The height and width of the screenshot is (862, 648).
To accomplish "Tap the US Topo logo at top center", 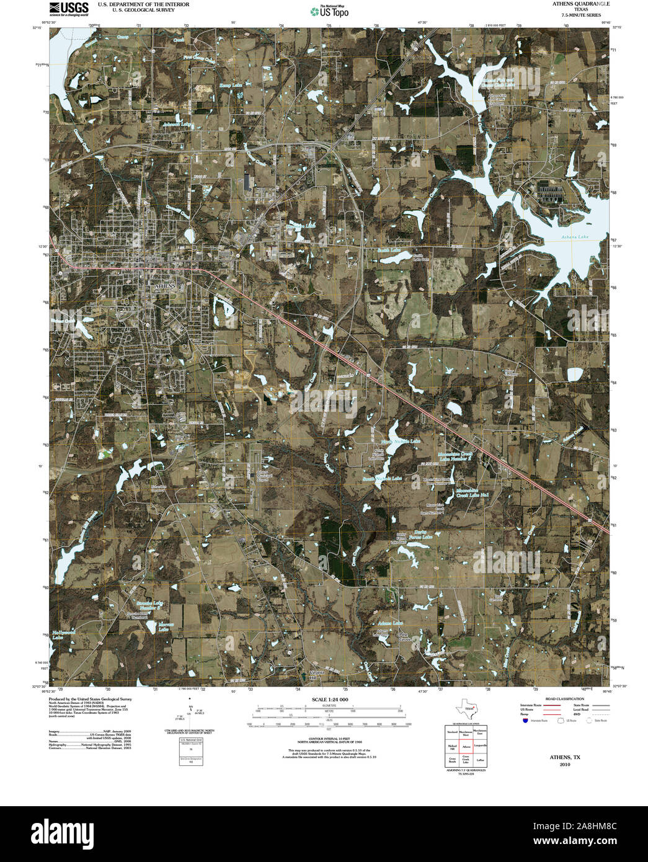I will pos(329,11).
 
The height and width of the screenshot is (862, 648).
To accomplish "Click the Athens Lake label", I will pos(575,237).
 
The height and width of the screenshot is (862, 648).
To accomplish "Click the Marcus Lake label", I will pos(162,627).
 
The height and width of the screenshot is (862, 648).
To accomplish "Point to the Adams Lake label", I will pos(390,623).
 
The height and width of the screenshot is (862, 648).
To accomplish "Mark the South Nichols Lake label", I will pos(383,479).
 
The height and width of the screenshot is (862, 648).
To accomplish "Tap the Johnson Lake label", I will pos(177,124).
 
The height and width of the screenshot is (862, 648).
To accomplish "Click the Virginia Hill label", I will pos(317,675).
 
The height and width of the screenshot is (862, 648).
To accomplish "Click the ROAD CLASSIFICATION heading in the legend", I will pos(561,699).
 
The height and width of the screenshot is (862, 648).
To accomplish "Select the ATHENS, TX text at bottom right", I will pos(564,757).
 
